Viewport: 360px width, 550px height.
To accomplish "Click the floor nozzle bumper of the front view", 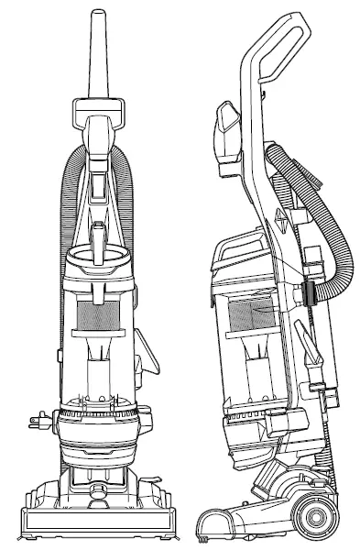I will pos(99,524).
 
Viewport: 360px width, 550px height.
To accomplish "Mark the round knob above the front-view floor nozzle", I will pos(99,472).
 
